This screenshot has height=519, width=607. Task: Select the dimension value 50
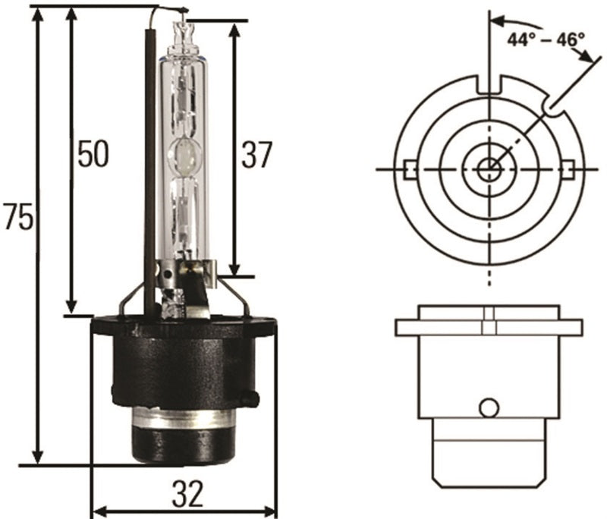click(x=93, y=154)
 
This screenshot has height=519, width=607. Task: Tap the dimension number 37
click(x=256, y=154)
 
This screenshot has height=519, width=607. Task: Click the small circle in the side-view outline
click(x=489, y=407)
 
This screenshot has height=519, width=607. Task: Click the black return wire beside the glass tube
click(x=149, y=152)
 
